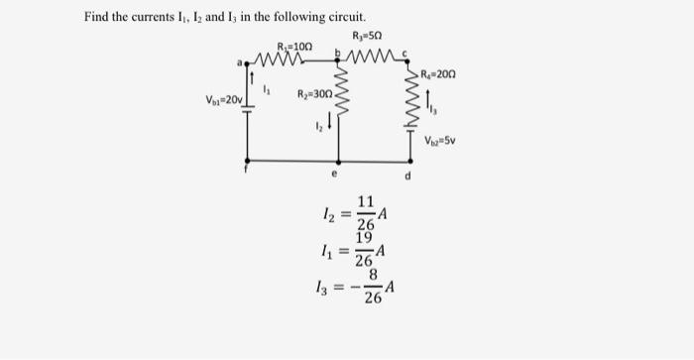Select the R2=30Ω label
(x=315, y=94)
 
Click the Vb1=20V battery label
(x=224, y=100)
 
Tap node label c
(x=403, y=54)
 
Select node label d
(x=407, y=179)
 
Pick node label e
(x=336, y=173)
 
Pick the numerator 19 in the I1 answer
(x=365, y=238)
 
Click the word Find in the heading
(x=97, y=18)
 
